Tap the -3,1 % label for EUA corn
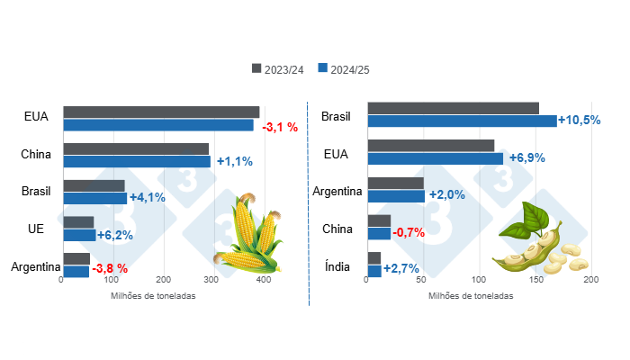pyautogui.click(x=280, y=128)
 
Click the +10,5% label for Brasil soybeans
pyautogui.click(x=579, y=121)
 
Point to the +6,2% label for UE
pyautogui.click(x=116, y=236)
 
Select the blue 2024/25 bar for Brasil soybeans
pyautogui.click(x=462, y=121)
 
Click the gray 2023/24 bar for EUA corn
pyautogui.click(x=161, y=112)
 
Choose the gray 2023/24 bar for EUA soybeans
pyautogui.click(x=430, y=146)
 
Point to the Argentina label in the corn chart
pyautogui.click(x=34, y=266)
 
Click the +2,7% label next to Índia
pyautogui.click(x=400, y=269)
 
